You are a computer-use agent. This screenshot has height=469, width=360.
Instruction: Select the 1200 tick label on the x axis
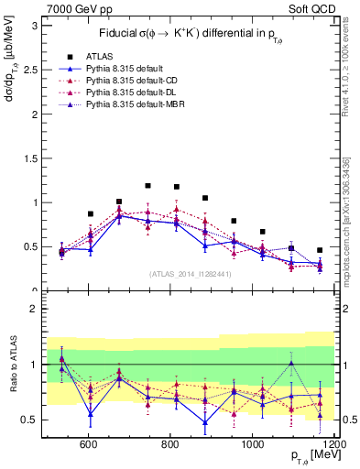(333, 443)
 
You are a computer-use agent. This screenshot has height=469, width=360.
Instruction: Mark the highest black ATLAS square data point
(147, 186)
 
